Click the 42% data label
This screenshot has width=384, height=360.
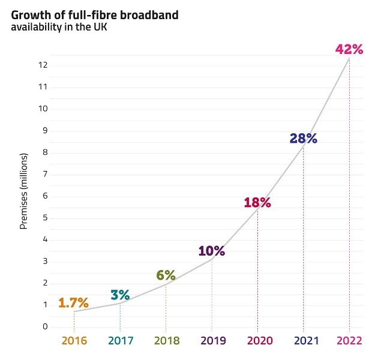(349, 49)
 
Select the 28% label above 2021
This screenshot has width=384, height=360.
(303, 139)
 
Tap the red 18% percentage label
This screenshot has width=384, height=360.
(257, 203)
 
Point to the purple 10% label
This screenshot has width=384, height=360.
(211, 251)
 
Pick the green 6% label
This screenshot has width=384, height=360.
(166, 275)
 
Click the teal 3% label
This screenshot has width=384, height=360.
(120, 295)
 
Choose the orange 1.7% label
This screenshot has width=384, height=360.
(73, 302)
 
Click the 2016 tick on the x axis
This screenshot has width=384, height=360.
(74, 341)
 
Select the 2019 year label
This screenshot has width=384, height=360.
(212, 341)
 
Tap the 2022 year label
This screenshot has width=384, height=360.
(349, 341)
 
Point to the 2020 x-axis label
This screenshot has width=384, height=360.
(257, 341)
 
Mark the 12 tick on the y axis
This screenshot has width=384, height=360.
(43, 65)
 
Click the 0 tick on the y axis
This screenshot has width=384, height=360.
(45, 327)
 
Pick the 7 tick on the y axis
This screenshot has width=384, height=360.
(45, 174)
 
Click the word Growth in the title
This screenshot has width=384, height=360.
(29, 15)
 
